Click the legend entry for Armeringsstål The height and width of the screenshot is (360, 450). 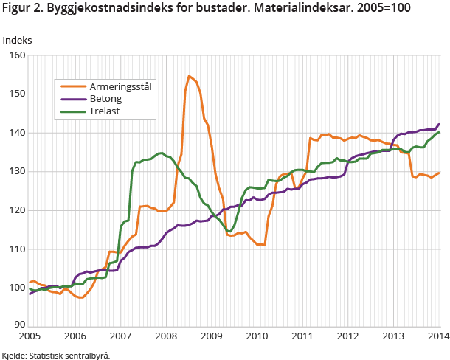[x=122, y=87]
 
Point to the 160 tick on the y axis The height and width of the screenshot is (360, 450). [x=16, y=55]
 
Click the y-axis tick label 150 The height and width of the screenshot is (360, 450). [x=16, y=94]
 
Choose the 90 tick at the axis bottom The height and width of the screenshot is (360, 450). [x=18, y=324]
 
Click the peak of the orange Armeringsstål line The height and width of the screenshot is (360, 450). [x=189, y=75]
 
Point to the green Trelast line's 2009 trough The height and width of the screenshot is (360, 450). [x=229, y=232]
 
